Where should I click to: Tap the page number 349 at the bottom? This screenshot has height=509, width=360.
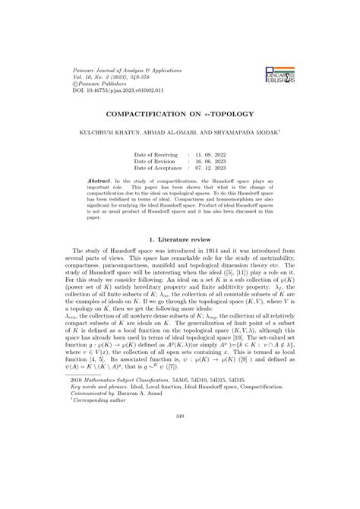tap(180, 480)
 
